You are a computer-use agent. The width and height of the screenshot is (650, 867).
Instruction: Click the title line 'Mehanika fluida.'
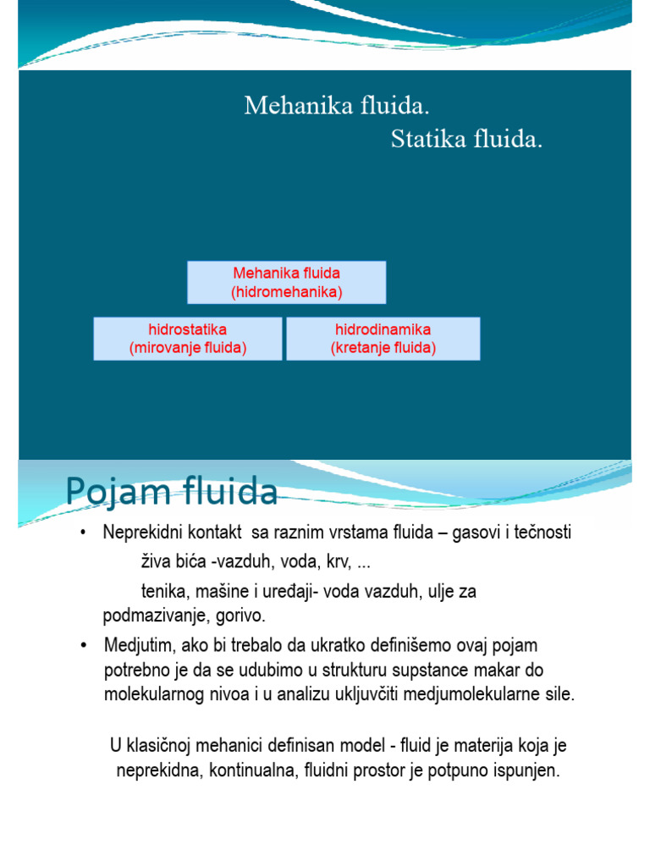(337, 107)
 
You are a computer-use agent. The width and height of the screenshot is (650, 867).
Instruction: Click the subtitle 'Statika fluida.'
(466, 140)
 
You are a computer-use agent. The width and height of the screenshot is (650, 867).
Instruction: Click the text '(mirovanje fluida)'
(187, 348)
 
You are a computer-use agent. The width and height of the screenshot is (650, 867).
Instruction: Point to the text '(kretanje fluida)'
(383, 348)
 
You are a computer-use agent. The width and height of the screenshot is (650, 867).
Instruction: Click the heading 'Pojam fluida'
(171, 492)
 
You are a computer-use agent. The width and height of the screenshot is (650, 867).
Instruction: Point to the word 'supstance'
(434, 671)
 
